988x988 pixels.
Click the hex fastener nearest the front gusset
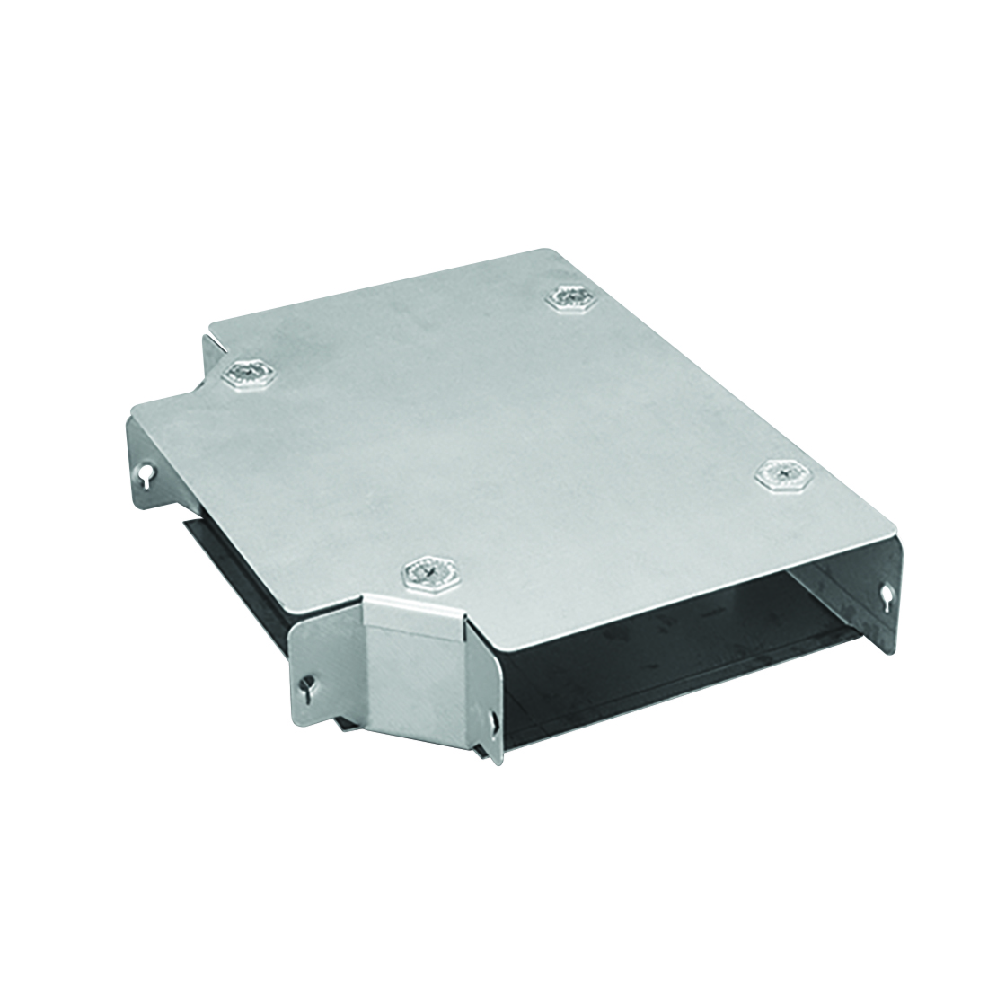click(x=430, y=571)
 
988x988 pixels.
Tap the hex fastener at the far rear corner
click(x=571, y=297)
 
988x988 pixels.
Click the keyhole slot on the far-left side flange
click(x=143, y=474)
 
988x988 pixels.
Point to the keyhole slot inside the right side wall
click(x=887, y=593)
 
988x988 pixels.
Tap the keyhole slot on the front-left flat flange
click(x=307, y=688)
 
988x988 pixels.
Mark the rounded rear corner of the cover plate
click(x=548, y=254)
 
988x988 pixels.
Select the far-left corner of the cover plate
click(x=135, y=410)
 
